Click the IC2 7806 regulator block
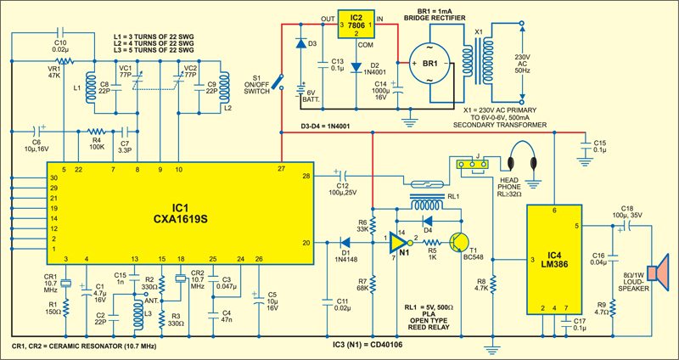[356, 22]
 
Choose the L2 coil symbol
[225, 86]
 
